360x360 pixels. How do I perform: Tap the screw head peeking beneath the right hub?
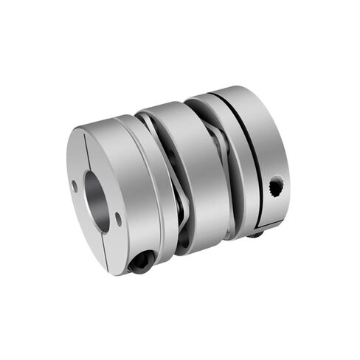coord(255,233)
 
